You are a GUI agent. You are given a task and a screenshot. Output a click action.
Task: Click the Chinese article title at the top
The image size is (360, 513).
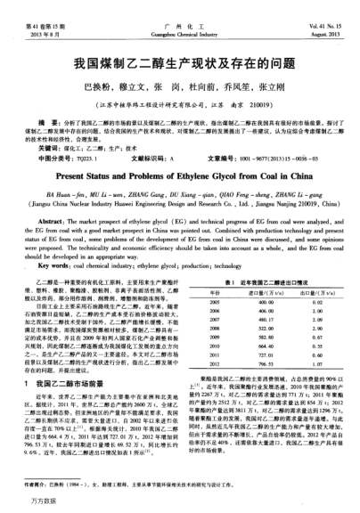179,64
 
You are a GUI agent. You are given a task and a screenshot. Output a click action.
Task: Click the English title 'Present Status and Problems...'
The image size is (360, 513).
179,175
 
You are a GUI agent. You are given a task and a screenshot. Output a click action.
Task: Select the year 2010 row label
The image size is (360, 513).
214,346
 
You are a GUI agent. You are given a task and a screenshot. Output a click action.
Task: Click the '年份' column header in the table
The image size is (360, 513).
214,293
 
